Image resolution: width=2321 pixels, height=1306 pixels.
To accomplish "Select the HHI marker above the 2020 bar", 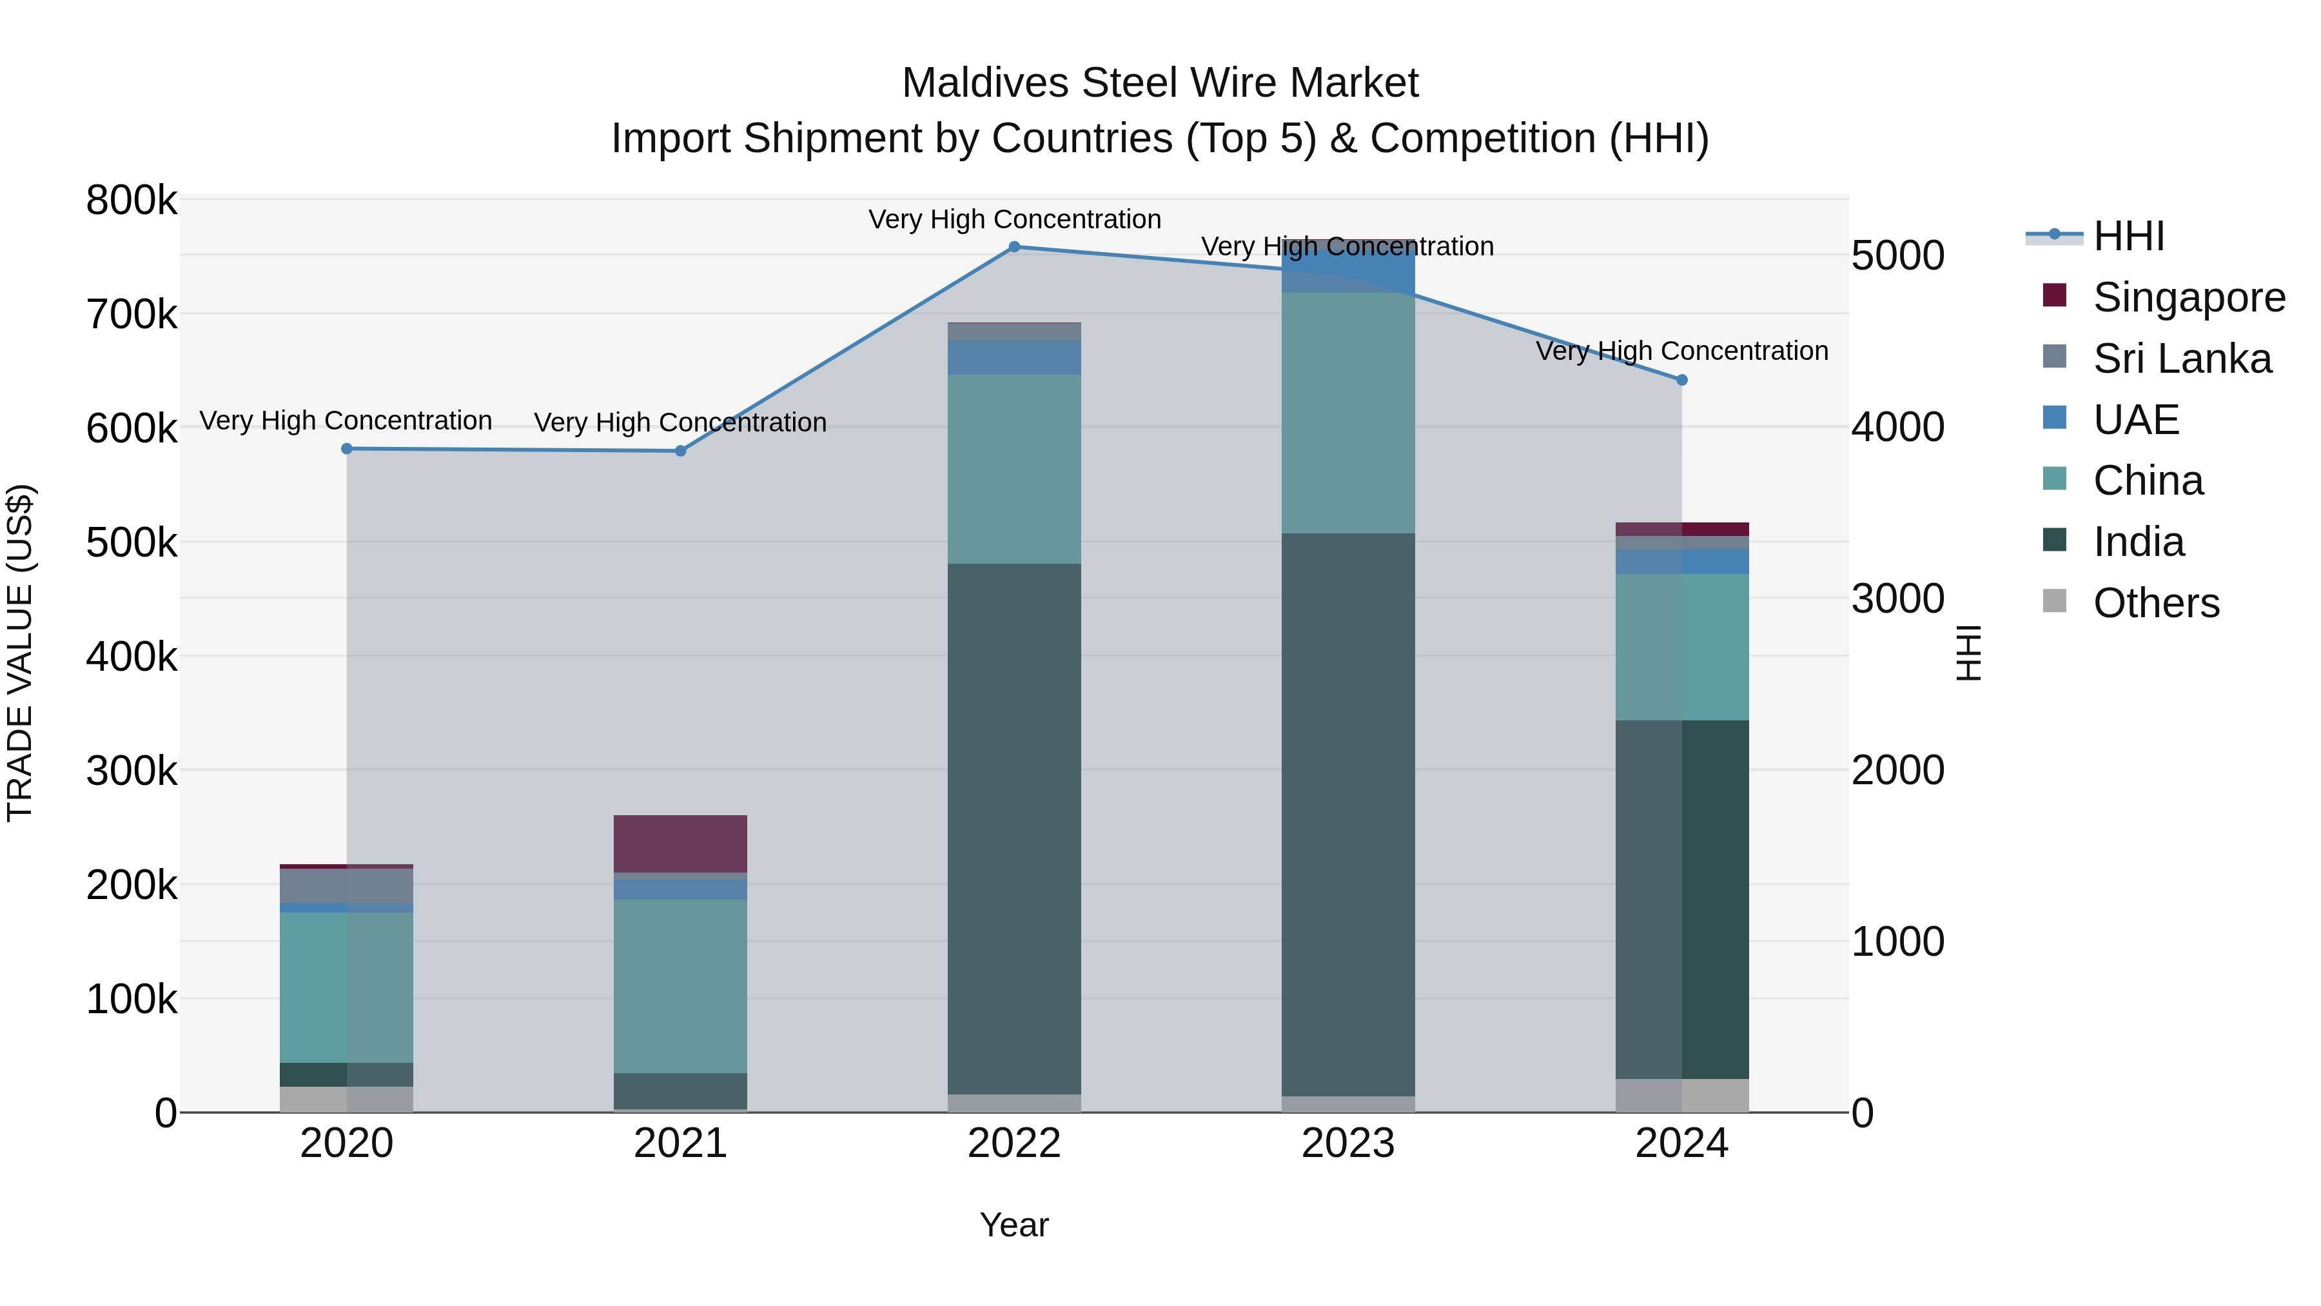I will [347, 448].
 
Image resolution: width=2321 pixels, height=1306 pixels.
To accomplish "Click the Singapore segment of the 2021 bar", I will [680, 843].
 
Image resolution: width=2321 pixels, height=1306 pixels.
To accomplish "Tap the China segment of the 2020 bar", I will [347, 987].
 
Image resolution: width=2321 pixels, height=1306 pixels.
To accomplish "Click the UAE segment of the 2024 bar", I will [1681, 562].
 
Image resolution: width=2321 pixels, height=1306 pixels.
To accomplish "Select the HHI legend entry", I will [2128, 235].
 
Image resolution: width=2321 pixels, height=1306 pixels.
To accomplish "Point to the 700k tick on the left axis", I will [132, 315].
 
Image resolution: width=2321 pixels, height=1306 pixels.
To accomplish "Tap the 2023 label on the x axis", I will [1348, 1143].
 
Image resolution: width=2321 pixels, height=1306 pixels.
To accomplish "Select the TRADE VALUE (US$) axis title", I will [20, 653].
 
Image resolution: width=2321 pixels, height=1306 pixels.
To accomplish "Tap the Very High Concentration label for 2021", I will [680, 422].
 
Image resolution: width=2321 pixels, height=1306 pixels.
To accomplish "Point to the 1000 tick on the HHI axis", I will [1897, 942].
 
